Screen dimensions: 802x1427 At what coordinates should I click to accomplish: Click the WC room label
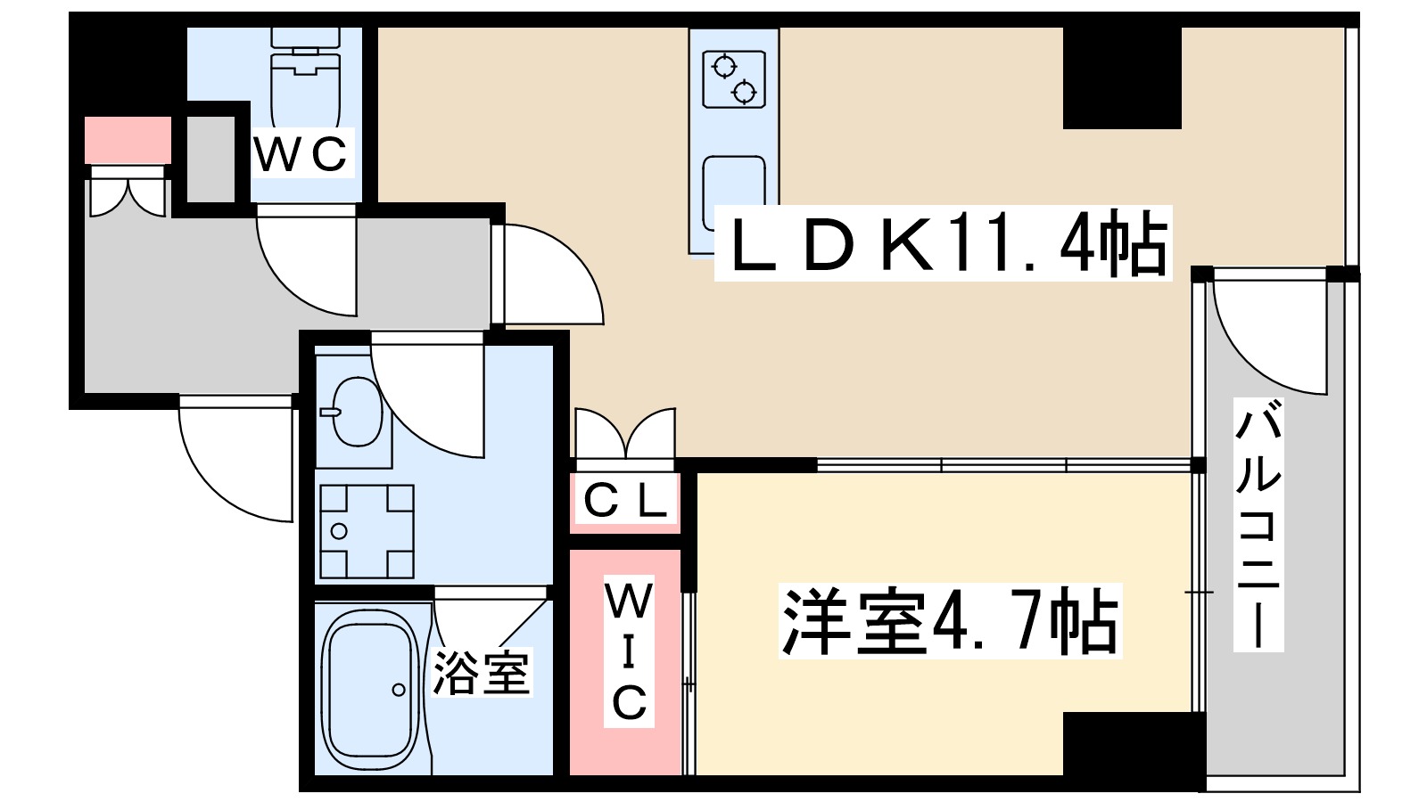301,153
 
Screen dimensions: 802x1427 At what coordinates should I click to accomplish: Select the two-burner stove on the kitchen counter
734,79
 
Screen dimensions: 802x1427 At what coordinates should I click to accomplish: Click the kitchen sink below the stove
733,192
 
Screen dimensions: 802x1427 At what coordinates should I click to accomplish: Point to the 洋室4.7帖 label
949,622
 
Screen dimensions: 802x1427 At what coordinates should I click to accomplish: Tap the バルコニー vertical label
1258,526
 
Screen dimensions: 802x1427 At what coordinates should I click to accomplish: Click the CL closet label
625,502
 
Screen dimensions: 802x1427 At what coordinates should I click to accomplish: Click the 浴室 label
483,673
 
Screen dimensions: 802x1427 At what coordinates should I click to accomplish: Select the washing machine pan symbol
367,531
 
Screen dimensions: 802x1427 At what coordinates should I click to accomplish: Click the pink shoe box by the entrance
128,140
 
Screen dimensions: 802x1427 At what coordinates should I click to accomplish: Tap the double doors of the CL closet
624,435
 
